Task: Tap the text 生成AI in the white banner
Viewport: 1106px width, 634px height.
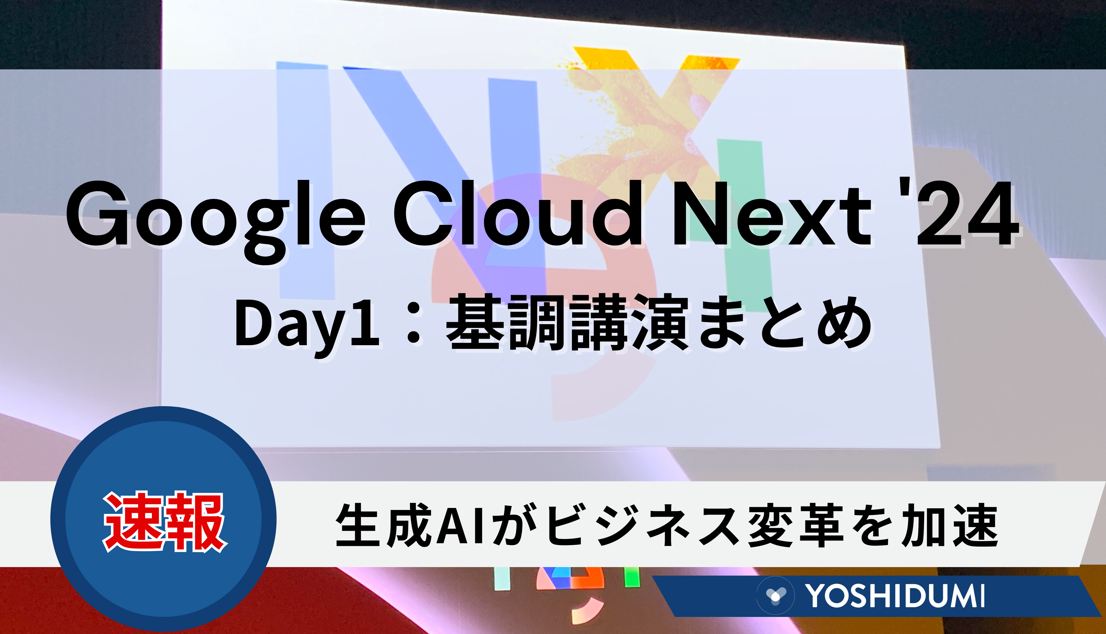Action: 410,525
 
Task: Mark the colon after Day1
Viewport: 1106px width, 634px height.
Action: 412,324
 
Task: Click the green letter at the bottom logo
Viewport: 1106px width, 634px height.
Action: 632,577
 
